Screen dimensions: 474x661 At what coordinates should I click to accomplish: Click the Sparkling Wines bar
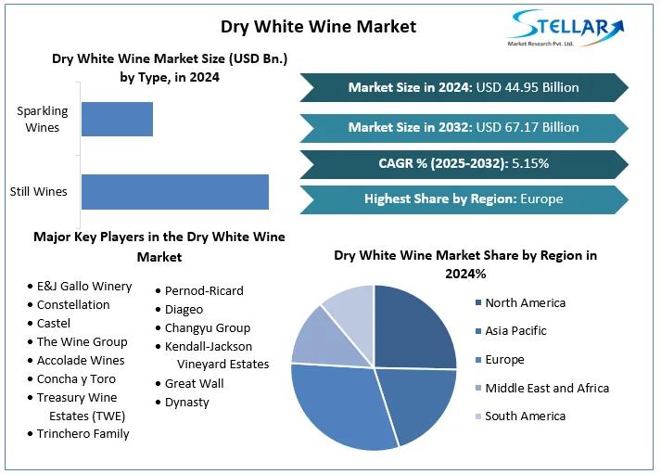tap(117, 119)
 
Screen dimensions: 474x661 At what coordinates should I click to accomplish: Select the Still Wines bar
tap(174, 191)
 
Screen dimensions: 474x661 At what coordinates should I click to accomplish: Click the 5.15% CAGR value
tap(528, 163)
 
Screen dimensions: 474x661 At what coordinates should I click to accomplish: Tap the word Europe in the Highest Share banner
tap(541, 199)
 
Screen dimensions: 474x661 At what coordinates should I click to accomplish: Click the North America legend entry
tap(525, 302)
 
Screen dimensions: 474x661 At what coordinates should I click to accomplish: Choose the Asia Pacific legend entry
tap(515, 330)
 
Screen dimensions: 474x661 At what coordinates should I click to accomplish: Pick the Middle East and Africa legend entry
tap(547, 388)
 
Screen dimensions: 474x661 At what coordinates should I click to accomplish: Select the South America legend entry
tap(525, 416)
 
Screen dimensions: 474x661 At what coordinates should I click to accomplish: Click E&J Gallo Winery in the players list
tap(84, 286)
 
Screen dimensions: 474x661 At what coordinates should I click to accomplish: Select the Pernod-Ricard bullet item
tap(204, 290)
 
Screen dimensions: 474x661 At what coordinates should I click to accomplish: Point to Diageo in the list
tap(184, 309)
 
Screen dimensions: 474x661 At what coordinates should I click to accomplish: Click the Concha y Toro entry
tap(76, 378)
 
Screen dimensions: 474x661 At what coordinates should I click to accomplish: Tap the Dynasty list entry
tap(187, 402)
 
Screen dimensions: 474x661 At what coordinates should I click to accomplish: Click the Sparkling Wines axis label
tap(38, 119)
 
